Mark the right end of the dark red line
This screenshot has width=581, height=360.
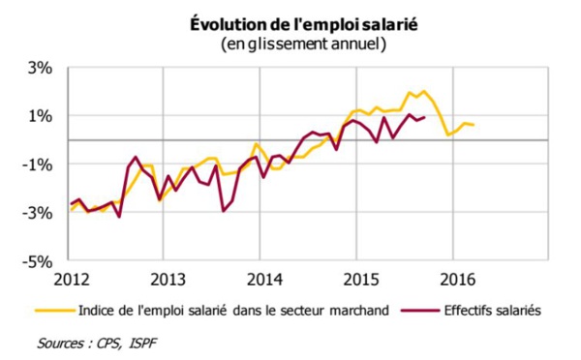pyautogui.click(x=425, y=117)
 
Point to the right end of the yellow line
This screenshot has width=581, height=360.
pyautogui.click(x=474, y=125)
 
